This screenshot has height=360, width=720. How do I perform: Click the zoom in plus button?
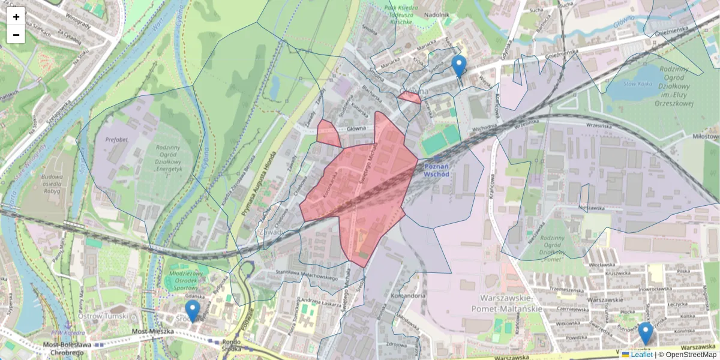(x=16, y=16)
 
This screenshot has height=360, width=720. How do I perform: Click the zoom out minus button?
(x=16, y=35)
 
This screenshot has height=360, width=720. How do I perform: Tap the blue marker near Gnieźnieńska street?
(x=459, y=66)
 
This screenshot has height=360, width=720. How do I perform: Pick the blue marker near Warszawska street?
(x=646, y=333)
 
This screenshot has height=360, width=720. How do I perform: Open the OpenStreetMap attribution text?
(x=691, y=355)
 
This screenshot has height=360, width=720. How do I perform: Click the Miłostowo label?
(x=706, y=136)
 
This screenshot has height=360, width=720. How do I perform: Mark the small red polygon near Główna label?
(x=410, y=97)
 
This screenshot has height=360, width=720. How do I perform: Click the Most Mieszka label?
(x=153, y=331)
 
